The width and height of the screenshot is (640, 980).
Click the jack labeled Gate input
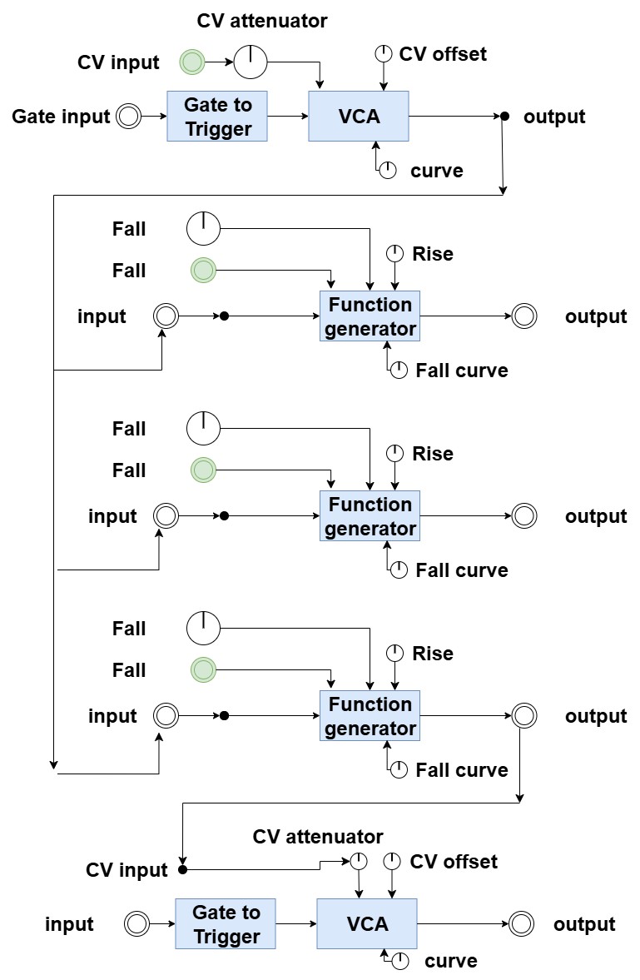tap(128, 117)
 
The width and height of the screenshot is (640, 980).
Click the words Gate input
tap(61, 117)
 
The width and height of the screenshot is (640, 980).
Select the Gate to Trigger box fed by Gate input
tap(218, 117)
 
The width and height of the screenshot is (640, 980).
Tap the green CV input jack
tap(192, 62)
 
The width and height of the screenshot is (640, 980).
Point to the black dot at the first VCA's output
tap(504, 116)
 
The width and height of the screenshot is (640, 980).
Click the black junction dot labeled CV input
tap(182, 869)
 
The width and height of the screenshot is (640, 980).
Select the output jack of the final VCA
tap(522, 923)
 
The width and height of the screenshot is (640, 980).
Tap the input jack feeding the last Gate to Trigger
tap(136, 923)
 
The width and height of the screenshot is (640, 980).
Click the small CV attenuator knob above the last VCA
tap(358, 860)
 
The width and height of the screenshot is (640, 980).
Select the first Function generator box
tap(370, 316)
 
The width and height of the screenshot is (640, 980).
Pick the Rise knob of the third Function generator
tap(395, 653)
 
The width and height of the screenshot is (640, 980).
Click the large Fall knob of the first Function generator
tap(202, 228)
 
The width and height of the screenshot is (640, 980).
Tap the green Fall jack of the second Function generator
tap(203, 470)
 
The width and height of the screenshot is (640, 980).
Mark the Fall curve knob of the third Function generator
tap(399, 769)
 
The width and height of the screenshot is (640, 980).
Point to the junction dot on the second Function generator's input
tap(224, 516)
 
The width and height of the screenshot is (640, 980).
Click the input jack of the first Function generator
tap(166, 316)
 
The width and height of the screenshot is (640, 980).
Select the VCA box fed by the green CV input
tap(359, 117)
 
